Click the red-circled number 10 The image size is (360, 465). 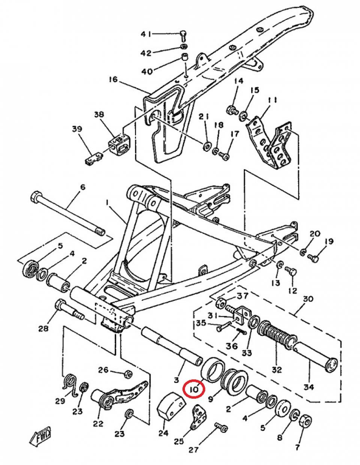[x=193, y=390]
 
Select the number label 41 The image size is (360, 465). [x=146, y=34]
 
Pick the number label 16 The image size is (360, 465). [x=113, y=79]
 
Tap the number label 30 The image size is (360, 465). [x=308, y=300]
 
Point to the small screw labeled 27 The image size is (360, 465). [x=220, y=427]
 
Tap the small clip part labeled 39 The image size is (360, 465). [x=92, y=157]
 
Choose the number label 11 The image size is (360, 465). [x=272, y=100]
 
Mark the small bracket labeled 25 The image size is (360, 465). [x=198, y=416]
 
